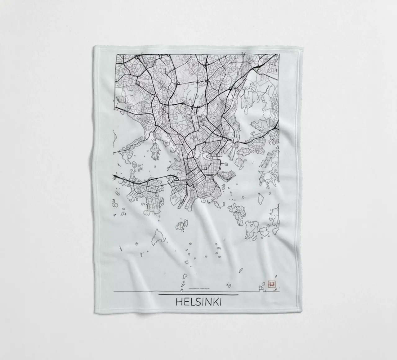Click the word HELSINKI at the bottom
tap(198, 302)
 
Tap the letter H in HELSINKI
tap(179, 302)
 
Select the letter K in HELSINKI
tap(214, 302)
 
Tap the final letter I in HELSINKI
tap(220, 302)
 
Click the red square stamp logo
tap(271, 284)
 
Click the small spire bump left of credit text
tap(181, 290)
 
